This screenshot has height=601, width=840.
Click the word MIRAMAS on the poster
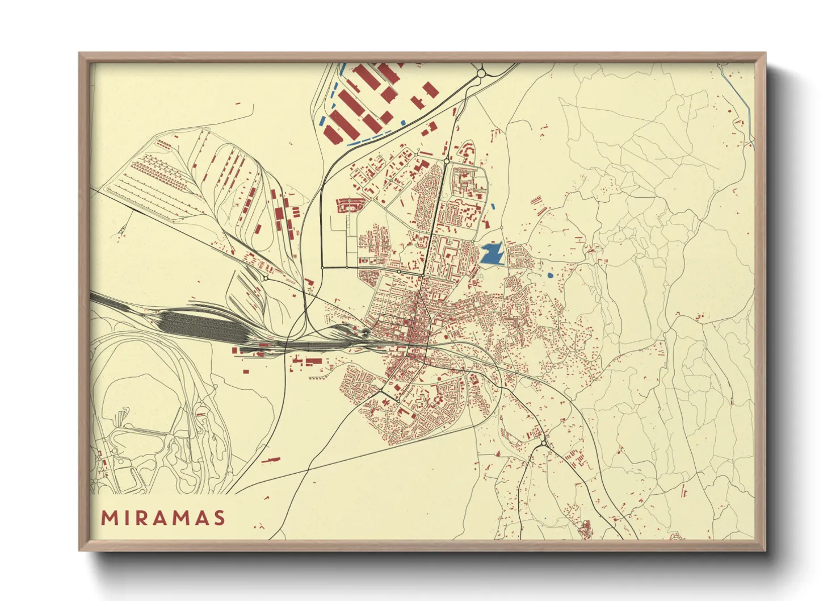(163, 518)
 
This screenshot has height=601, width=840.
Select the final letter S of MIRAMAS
(220, 518)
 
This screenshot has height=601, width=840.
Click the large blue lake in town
(492, 254)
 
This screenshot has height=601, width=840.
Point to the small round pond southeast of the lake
(549, 276)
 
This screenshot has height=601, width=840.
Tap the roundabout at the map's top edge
(481, 73)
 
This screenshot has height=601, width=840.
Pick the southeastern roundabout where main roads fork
(544, 443)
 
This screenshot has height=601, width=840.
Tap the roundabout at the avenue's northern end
(447, 162)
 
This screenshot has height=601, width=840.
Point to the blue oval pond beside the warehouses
(402, 123)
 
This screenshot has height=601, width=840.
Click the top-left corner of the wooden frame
(80, 54)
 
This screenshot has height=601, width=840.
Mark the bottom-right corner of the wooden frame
(764, 550)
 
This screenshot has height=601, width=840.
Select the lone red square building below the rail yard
(246, 372)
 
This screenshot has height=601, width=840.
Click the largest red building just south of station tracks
(313, 361)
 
